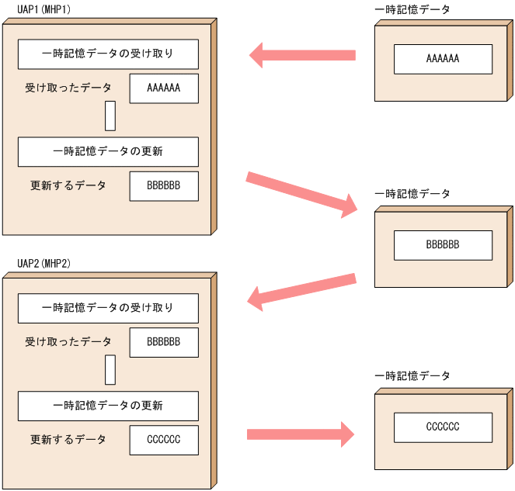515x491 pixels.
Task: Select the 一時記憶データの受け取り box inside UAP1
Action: pyautogui.click(x=108, y=54)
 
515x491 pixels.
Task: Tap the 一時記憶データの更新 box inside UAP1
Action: pyautogui.click(x=108, y=152)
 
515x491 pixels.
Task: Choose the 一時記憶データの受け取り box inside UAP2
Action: pyautogui.click(x=108, y=308)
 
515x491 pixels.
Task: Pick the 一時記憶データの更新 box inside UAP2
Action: pyautogui.click(x=108, y=406)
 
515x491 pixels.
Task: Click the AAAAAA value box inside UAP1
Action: pyautogui.click(x=164, y=88)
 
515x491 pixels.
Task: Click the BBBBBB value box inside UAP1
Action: pyautogui.click(x=164, y=186)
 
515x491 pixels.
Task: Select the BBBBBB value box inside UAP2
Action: pyautogui.click(x=164, y=342)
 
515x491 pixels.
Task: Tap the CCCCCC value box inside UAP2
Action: pyautogui.click(x=164, y=440)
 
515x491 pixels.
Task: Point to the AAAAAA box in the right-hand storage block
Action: pyautogui.click(x=443, y=59)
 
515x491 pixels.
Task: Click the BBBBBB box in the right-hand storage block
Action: pyautogui.click(x=443, y=245)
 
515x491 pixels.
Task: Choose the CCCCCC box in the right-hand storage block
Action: pyautogui.click(x=443, y=427)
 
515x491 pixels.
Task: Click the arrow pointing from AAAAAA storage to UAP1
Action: pyautogui.click(x=302, y=55)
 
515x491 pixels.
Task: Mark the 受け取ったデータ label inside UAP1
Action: pyautogui.click(x=68, y=88)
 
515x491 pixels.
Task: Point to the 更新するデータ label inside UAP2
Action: pyautogui.click(x=68, y=440)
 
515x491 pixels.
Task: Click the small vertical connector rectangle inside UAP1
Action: pyautogui.click(x=110, y=116)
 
